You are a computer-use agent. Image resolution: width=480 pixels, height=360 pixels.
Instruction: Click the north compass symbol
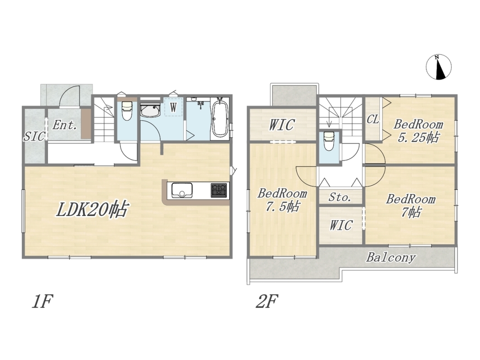[438, 67]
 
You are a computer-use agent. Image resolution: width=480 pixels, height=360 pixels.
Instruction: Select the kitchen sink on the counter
[182, 190]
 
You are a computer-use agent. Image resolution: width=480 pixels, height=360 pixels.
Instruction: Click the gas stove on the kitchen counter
[219, 190]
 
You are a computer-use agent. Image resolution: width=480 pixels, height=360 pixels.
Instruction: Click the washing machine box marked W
[173, 107]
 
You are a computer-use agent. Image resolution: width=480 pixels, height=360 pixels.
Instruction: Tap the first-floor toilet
[127, 110]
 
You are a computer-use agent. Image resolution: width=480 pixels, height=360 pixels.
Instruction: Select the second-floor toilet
[329, 141]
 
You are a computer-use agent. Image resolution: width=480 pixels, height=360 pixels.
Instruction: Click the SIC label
[34, 137]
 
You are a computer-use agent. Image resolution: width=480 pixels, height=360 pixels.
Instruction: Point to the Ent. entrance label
[64, 125]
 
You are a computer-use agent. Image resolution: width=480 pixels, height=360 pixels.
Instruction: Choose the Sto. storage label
[340, 197]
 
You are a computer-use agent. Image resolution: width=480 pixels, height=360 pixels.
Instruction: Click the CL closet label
[373, 119]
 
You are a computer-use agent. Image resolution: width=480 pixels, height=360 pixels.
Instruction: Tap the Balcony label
[391, 258]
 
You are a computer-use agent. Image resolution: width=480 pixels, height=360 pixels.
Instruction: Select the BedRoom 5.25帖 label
[418, 131]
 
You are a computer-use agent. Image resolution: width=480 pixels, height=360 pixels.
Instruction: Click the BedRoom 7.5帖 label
[282, 200]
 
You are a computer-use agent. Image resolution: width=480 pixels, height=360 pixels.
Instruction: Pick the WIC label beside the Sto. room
[341, 226]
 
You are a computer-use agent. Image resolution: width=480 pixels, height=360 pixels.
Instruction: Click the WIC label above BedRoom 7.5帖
[282, 125]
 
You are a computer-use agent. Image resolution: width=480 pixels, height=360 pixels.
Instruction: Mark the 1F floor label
[42, 301]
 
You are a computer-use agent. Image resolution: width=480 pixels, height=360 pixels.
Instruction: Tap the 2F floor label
[267, 301]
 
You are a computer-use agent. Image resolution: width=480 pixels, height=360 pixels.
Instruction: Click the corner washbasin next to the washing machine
[150, 110]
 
